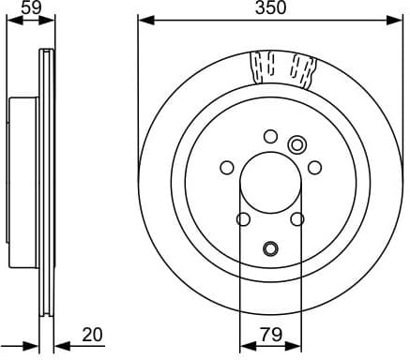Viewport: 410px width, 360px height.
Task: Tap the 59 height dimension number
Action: pyautogui.click(x=32, y=8)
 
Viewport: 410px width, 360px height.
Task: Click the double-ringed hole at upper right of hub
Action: pyautogui.click(x=297, y=143)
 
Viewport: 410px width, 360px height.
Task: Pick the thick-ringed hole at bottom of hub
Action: pyautogui.click(x=270, y=248)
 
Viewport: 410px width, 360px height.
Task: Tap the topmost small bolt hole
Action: pyautogui.click(x=270, y=135)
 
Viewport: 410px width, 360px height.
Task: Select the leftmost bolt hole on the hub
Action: pyautogui.click(x=226, y=168)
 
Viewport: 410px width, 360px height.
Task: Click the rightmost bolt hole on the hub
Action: pyautogui.click(x=315, y=168)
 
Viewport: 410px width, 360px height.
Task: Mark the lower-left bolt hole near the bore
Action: pyautogui.click(x=243, y=219)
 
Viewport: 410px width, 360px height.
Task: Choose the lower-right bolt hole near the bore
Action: pyautogui.click(x=297, y=219)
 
